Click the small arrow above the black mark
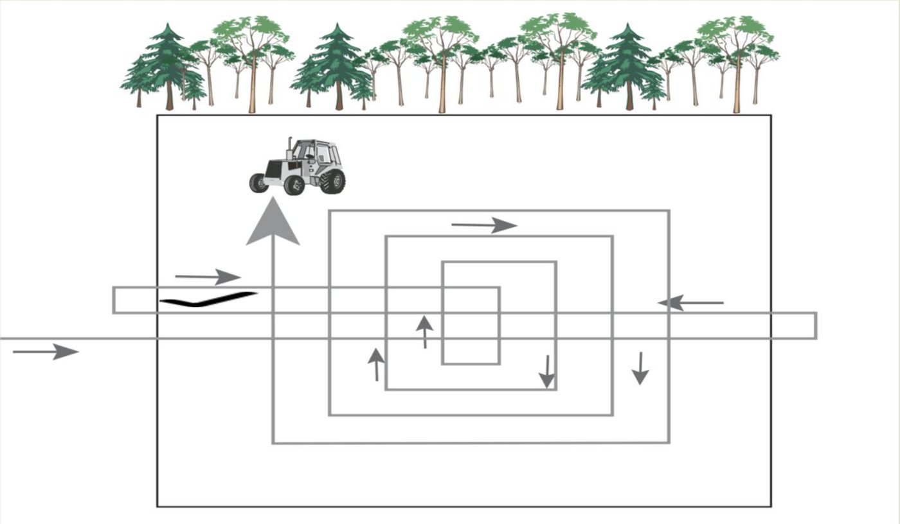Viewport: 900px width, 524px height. click(x=208, y=277)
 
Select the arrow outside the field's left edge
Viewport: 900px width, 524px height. click(x=46, y=351)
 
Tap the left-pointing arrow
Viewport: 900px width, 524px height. click(x=691, y=302)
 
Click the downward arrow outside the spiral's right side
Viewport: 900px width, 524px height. click(x=640, y=369)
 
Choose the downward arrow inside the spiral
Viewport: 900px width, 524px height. click(x=546, y=372)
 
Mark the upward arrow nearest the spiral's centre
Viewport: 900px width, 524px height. click(x=424, y=331)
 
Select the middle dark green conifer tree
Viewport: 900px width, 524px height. click(x=335, y=67)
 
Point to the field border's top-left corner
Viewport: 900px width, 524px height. click(x=158, y=116)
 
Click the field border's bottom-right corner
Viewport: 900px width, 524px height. click(x=770, y=506)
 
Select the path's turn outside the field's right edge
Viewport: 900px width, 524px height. click(x=815, y=326)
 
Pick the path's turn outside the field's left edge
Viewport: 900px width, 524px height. click(x=114, y=300)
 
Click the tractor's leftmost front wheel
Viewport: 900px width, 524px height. click(x=258, y=183)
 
